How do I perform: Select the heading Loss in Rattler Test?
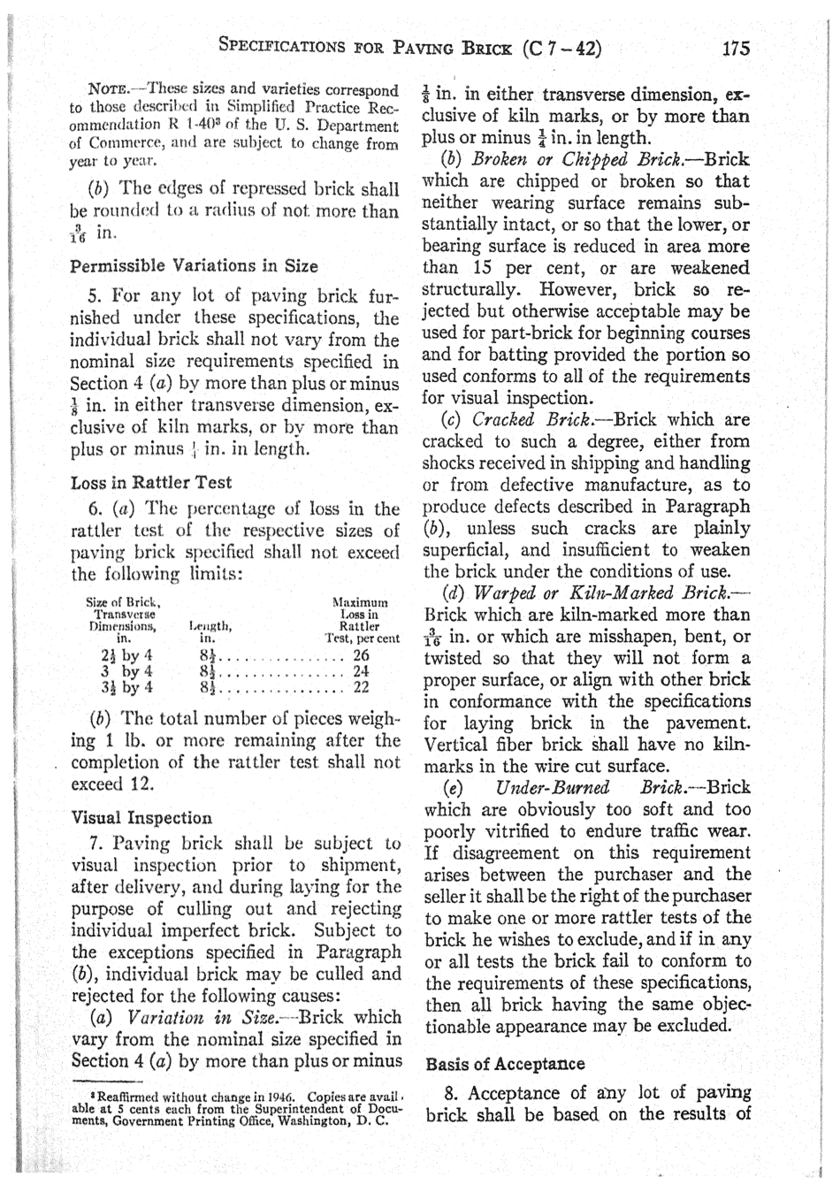pyautogui.click(x=151, y=483)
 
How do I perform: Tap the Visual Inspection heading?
pyautogui.click(x=141, y=818)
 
